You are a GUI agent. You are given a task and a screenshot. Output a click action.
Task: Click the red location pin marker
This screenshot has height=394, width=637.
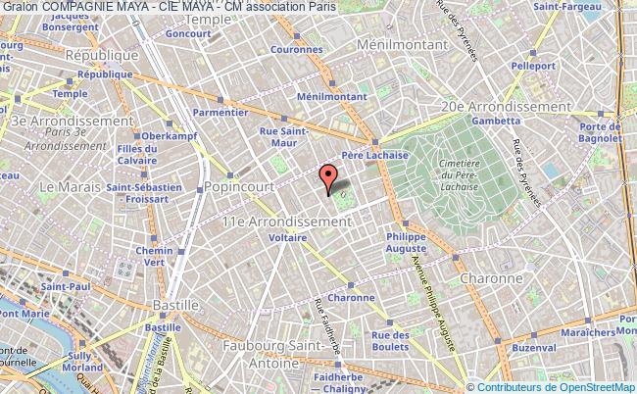[x=329, y=175]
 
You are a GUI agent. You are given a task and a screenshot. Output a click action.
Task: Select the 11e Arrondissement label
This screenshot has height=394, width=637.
[x=285, y=222]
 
